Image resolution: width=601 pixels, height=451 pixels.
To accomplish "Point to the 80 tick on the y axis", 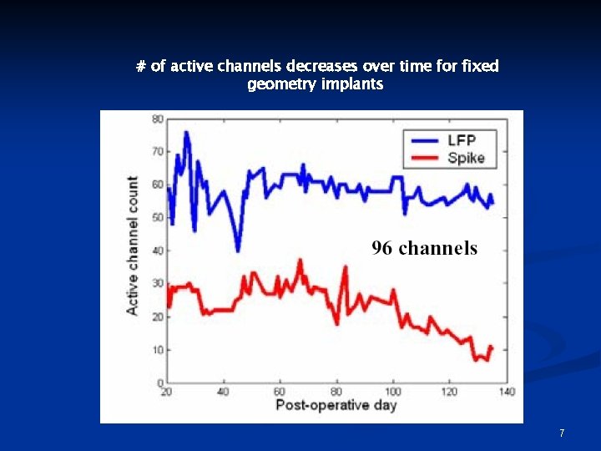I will click(x=158, y=119).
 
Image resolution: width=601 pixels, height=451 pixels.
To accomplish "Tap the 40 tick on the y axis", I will click(x=158, y=251).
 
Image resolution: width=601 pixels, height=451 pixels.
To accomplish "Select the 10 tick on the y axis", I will click(x=158, y=350).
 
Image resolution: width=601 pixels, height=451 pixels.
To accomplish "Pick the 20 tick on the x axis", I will click(x=166, y=392).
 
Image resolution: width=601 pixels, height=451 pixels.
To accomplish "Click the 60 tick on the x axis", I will click(x=280, y=392).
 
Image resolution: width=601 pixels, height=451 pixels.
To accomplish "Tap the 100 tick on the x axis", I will click(x=393, y=392).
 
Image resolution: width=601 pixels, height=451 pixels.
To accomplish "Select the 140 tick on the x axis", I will click(x=506, y=392).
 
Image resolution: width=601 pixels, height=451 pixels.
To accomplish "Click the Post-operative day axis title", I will click(x=336, y=406).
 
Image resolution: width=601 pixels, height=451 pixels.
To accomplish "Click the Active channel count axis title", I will click(x=133, y=246).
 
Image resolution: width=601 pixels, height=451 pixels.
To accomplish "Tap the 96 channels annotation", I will click(x=424, y=248).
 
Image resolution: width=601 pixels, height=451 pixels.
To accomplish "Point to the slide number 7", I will click(x=562, y=433).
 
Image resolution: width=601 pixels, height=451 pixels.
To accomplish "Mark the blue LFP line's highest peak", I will click(x=186, y=133).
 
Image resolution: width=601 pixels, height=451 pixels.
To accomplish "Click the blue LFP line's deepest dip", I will click(x=238, y=250).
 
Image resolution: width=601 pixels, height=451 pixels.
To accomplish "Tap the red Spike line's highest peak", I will click(x=300, y=261).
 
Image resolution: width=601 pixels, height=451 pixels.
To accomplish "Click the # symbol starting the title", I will click(x=140, y=66).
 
